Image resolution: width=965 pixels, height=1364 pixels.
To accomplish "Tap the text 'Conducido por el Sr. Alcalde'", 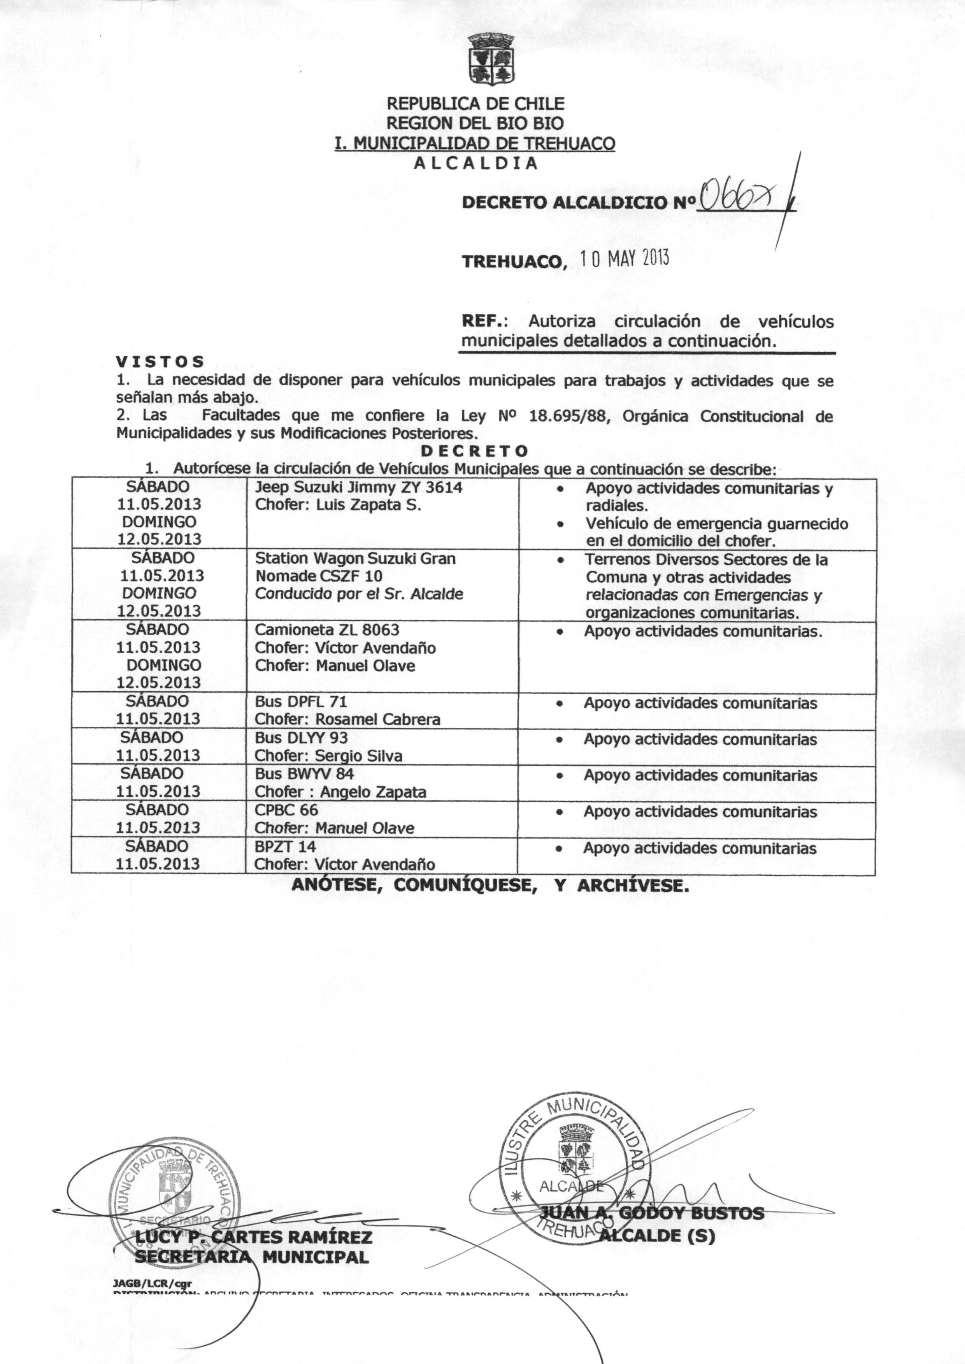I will point(359,594).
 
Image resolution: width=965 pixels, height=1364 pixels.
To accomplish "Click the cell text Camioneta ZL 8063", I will point(327,630).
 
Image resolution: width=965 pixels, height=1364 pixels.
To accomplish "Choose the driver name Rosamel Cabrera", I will point(378,719).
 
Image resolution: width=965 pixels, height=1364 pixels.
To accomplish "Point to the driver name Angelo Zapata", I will point(373,792).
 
